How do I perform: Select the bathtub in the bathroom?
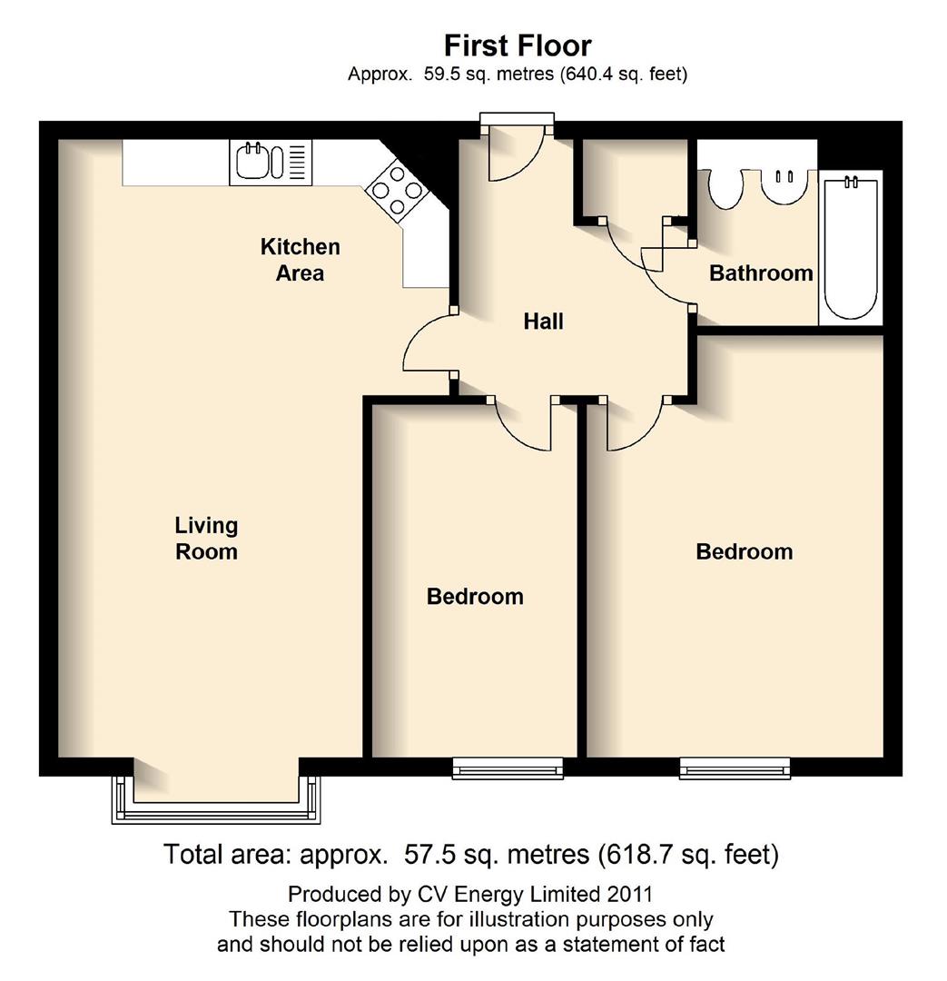[851, 247]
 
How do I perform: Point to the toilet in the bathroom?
[725, 187]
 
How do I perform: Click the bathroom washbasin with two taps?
[784, 186]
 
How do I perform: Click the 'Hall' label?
[543, 322]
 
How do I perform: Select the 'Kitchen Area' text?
[300, 260]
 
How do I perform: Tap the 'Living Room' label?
[206, 539]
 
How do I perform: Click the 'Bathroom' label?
[760, 273]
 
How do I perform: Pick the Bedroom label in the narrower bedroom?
[475, 597]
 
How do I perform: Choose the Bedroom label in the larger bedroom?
[744, 552]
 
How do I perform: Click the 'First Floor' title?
[517, 45]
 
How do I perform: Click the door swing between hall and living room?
[427, 342]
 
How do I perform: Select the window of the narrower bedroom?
[508, 769]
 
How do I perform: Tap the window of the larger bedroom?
[735, 769]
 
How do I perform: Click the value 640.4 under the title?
[590, 74]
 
